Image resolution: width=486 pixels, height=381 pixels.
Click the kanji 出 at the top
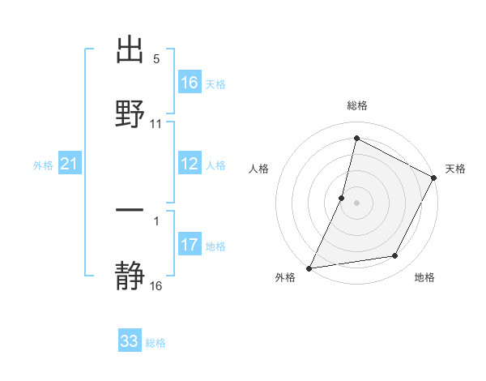(130, 50)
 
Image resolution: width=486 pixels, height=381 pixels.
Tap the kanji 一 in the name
(130, 211)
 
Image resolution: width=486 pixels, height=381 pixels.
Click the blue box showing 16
(189, 83)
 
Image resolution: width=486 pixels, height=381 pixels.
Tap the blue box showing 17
(189, 245)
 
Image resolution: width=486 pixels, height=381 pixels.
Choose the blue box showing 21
(69, 165)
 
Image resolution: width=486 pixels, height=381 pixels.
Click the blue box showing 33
(130, 341)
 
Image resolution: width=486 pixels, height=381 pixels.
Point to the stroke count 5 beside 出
(156, 59)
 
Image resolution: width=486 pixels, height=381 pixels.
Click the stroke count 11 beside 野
(156, 124)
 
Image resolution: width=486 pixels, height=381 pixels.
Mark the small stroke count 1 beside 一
(156, 220)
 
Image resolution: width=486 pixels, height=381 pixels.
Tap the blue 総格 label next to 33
(156, 343)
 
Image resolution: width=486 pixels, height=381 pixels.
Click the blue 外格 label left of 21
(43, 165)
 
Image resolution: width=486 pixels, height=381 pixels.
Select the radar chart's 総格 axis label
(357, 105)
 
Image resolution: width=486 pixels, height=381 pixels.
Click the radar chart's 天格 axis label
(455, 169)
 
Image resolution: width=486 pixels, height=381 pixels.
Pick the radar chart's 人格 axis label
(259, 169)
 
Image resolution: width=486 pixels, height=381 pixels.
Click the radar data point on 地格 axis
(395, 256)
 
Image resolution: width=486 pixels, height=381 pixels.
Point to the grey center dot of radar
(357, 201)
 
